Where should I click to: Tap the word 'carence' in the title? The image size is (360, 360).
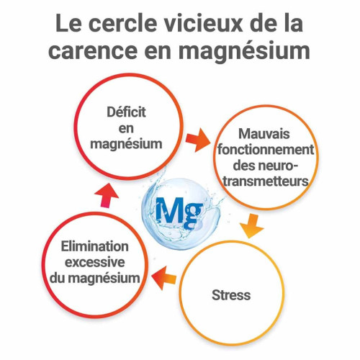pos(93,51)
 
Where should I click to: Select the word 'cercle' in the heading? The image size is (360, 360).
pos(122,23)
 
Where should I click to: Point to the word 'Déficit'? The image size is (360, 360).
pos(126,112)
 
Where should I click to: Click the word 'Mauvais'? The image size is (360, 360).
pos(264,134)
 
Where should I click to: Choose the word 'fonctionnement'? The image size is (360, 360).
pos(266,150)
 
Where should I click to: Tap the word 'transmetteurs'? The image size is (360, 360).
pos(266,181)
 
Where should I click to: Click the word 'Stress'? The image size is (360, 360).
pos(231,295)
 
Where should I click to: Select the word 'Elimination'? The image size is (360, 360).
pos(95,246)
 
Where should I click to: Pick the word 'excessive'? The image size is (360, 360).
pos(95,262)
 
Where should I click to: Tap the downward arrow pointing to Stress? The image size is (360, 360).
pos(252,226)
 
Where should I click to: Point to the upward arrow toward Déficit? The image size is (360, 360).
pos(107,195)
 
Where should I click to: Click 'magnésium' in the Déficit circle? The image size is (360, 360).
pos(126,144)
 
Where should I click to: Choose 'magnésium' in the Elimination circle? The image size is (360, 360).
pos(104,279)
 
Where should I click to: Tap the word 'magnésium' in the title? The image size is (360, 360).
pos(244,51)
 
